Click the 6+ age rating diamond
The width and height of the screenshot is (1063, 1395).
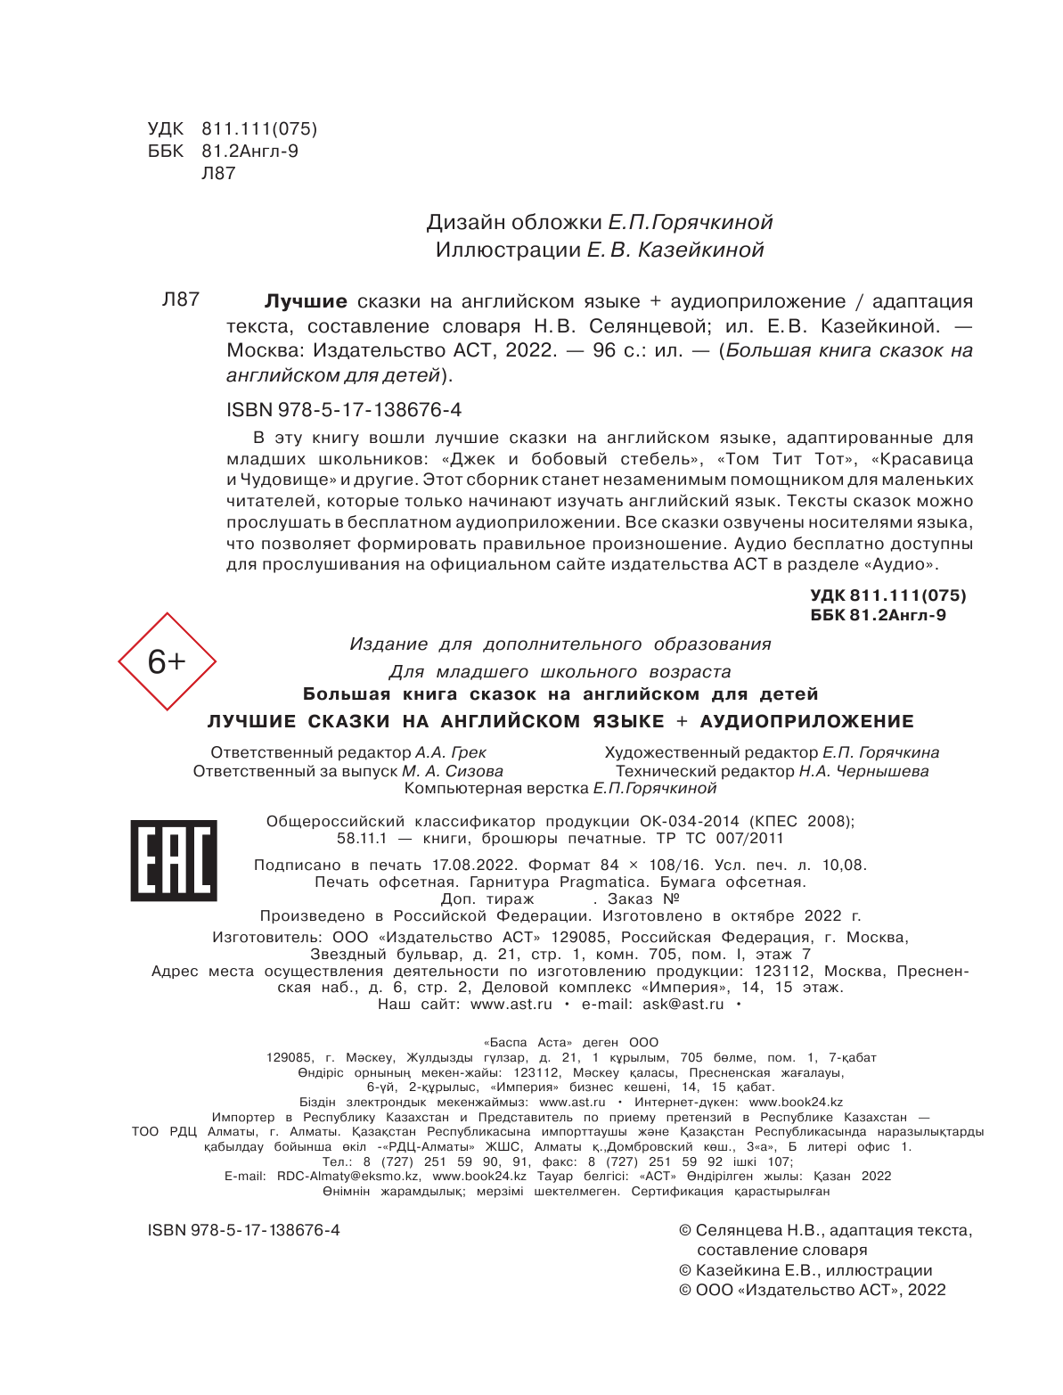[x=167, y=661]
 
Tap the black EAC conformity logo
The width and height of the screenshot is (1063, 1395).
[x=174, y=860]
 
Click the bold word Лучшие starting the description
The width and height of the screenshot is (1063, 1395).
[x=306, y=301]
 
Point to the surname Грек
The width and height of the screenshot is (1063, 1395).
[x=469, y=752]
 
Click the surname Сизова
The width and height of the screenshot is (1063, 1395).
[x=474, y=771]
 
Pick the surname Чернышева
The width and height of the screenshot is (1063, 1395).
[x=883, y=771]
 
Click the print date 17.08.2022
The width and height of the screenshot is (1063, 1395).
[x=474, y=865]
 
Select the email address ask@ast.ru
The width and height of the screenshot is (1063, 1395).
[x=683, y=1004]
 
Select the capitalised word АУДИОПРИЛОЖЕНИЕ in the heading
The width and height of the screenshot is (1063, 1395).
[x=807, y=721]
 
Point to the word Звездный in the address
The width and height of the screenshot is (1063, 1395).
[x=348, y=954]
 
